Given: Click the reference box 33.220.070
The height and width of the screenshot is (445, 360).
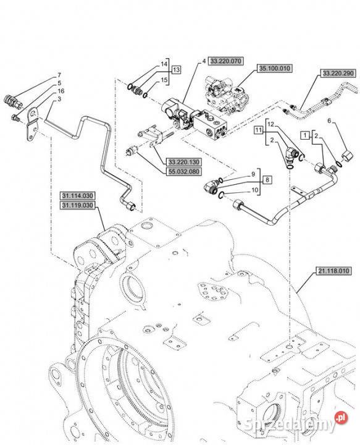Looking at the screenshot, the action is (x=226, y=61).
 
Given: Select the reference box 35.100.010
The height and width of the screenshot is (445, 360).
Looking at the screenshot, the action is (x=274, y=69).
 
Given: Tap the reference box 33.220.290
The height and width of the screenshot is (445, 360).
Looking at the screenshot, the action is (x=338, y=73).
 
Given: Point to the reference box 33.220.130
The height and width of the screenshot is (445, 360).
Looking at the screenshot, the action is (x=183, y=162).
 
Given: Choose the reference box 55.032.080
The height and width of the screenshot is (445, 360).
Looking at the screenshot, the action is (x=183, y=171).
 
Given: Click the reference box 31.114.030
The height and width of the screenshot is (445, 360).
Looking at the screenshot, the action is (x=77, y=196).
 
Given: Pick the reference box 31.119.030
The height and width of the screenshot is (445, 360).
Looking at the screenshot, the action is (x=77, y=205).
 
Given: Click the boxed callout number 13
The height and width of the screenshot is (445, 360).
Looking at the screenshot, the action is (x=177, y=69).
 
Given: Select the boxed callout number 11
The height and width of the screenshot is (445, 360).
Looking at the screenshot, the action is (x=258, y=130).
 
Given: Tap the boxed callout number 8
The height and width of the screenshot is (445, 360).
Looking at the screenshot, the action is (x=267, y=180).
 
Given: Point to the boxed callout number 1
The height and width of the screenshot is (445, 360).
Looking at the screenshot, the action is (x=305, y=135).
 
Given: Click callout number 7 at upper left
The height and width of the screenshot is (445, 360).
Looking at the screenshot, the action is (x=59, y=75).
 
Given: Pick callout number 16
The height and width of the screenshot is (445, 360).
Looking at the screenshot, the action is (x=61, y=91).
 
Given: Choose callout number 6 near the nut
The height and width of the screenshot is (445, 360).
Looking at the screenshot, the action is (x=329, y=121).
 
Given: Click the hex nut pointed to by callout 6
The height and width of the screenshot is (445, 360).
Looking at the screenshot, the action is (x=348, y=156).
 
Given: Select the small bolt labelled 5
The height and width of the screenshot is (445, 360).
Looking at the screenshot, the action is (x=15, y=117).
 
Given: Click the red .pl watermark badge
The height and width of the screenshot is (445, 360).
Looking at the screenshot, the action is (x=341, y=417).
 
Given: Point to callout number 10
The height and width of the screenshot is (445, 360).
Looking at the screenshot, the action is (x=255, y=190).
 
